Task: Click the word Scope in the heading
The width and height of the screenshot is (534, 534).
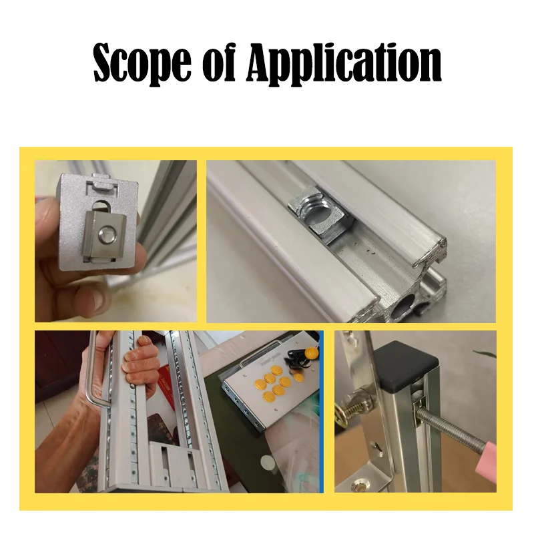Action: pyautogui.click(x=142, y=63)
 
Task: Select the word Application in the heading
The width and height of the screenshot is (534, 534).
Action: pyautogui.click(x=343, y=63)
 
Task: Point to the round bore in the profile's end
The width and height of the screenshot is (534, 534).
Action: pyautogui.click(x=403, y=305)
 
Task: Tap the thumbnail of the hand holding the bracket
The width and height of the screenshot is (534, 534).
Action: pyautogui.click(x=115, y=241)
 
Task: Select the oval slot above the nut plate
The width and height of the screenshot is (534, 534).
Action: pyautogui.click(x=101, y=206)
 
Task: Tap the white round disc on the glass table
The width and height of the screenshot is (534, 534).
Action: pyautogui.click(x=268, y=463)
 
